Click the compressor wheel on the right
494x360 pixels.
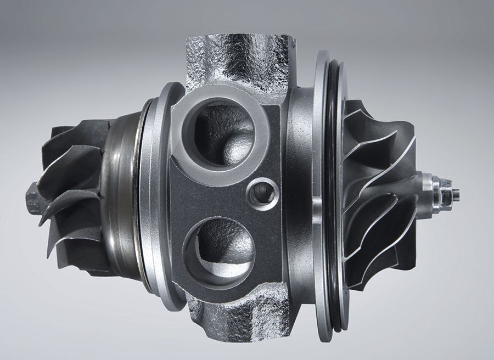(x=379, y=192)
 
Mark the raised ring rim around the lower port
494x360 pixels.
(x=187, y=250)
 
